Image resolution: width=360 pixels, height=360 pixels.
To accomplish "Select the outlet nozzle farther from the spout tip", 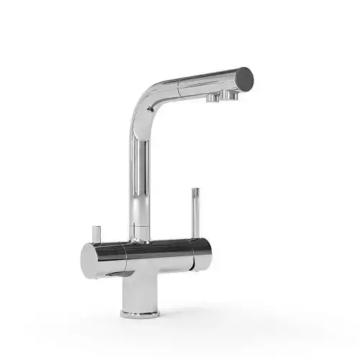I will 213,96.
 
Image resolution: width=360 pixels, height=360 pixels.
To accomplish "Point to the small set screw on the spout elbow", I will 148,107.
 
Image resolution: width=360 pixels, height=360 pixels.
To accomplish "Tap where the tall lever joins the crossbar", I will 192,238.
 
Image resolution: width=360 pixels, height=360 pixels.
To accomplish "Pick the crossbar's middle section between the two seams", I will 155,253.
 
